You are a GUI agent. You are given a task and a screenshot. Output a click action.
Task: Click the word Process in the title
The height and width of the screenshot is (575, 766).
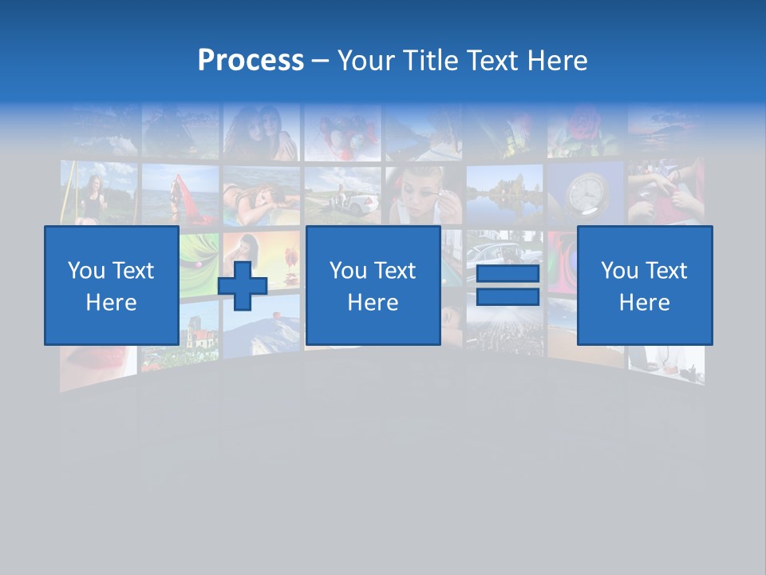point(251,60)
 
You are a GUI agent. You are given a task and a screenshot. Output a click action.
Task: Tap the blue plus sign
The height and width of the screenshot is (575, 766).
point(243,286)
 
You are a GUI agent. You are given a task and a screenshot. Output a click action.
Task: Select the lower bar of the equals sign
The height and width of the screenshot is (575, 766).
point(507,297)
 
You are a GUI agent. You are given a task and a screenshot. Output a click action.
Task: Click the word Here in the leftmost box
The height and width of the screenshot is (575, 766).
point(111,303)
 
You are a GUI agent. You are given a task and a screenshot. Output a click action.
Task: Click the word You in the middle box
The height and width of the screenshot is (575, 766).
point(348,271)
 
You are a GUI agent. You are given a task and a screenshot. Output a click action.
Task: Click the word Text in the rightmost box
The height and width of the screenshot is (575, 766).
point(667,271)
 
